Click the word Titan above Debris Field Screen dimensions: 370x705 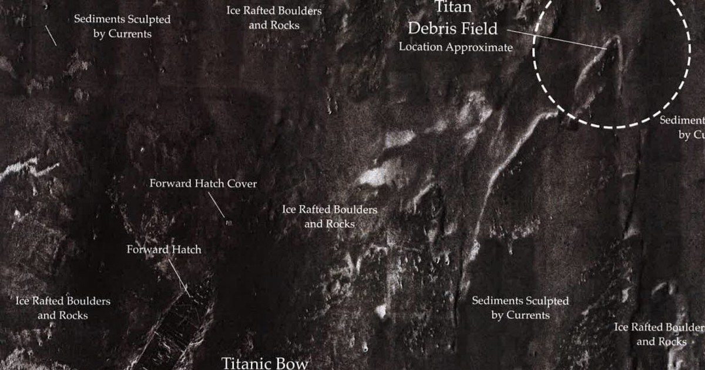pos(454,8)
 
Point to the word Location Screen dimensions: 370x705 pos(421,47)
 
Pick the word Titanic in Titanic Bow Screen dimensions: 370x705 pos(245,363)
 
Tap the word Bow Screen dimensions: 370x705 pos(292,363)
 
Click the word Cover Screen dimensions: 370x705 pos(241,184)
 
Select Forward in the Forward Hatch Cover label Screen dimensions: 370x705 pos(170,184)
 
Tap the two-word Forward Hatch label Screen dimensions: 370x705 pos(164,250)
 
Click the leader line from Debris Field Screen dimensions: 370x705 pos(555,39)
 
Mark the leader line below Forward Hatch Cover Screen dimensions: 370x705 pos(216,206)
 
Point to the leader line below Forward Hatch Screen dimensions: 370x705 pos(179,275)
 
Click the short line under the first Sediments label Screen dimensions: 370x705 pos(52,36)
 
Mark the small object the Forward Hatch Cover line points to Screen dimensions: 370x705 pos(229,223)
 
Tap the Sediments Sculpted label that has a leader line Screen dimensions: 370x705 pos(122,26)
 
